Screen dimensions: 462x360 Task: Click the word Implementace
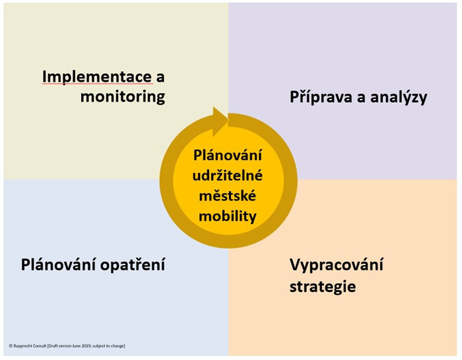[x=97, y=77]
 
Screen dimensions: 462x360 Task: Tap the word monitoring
[x=123, y=97]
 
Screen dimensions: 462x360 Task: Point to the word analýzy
[x=399, y=97]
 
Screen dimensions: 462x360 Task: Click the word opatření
[x=133, y=264]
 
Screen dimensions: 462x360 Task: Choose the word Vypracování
[x=337, y=264]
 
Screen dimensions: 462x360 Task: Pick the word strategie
[x=323, y=286]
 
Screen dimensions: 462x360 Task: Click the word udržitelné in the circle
[x=228, y=175]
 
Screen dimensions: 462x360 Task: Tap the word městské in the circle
[x=228, y=196]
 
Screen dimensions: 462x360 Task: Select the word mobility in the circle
[x=228, y=216]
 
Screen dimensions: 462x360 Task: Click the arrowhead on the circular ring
[x=220, y=121]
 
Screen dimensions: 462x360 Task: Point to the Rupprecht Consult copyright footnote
[x=67, y=346]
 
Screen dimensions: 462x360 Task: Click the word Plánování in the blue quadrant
[x=58, y=264]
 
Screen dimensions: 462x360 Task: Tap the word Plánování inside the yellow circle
[x=228, y=155]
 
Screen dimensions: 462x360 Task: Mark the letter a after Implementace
[x=160, y=78]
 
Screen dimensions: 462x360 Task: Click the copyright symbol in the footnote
[x=11, y=346]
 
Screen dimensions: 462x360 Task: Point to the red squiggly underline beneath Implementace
[x=97, y=84]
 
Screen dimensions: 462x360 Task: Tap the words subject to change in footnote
[x=108, y=346]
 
